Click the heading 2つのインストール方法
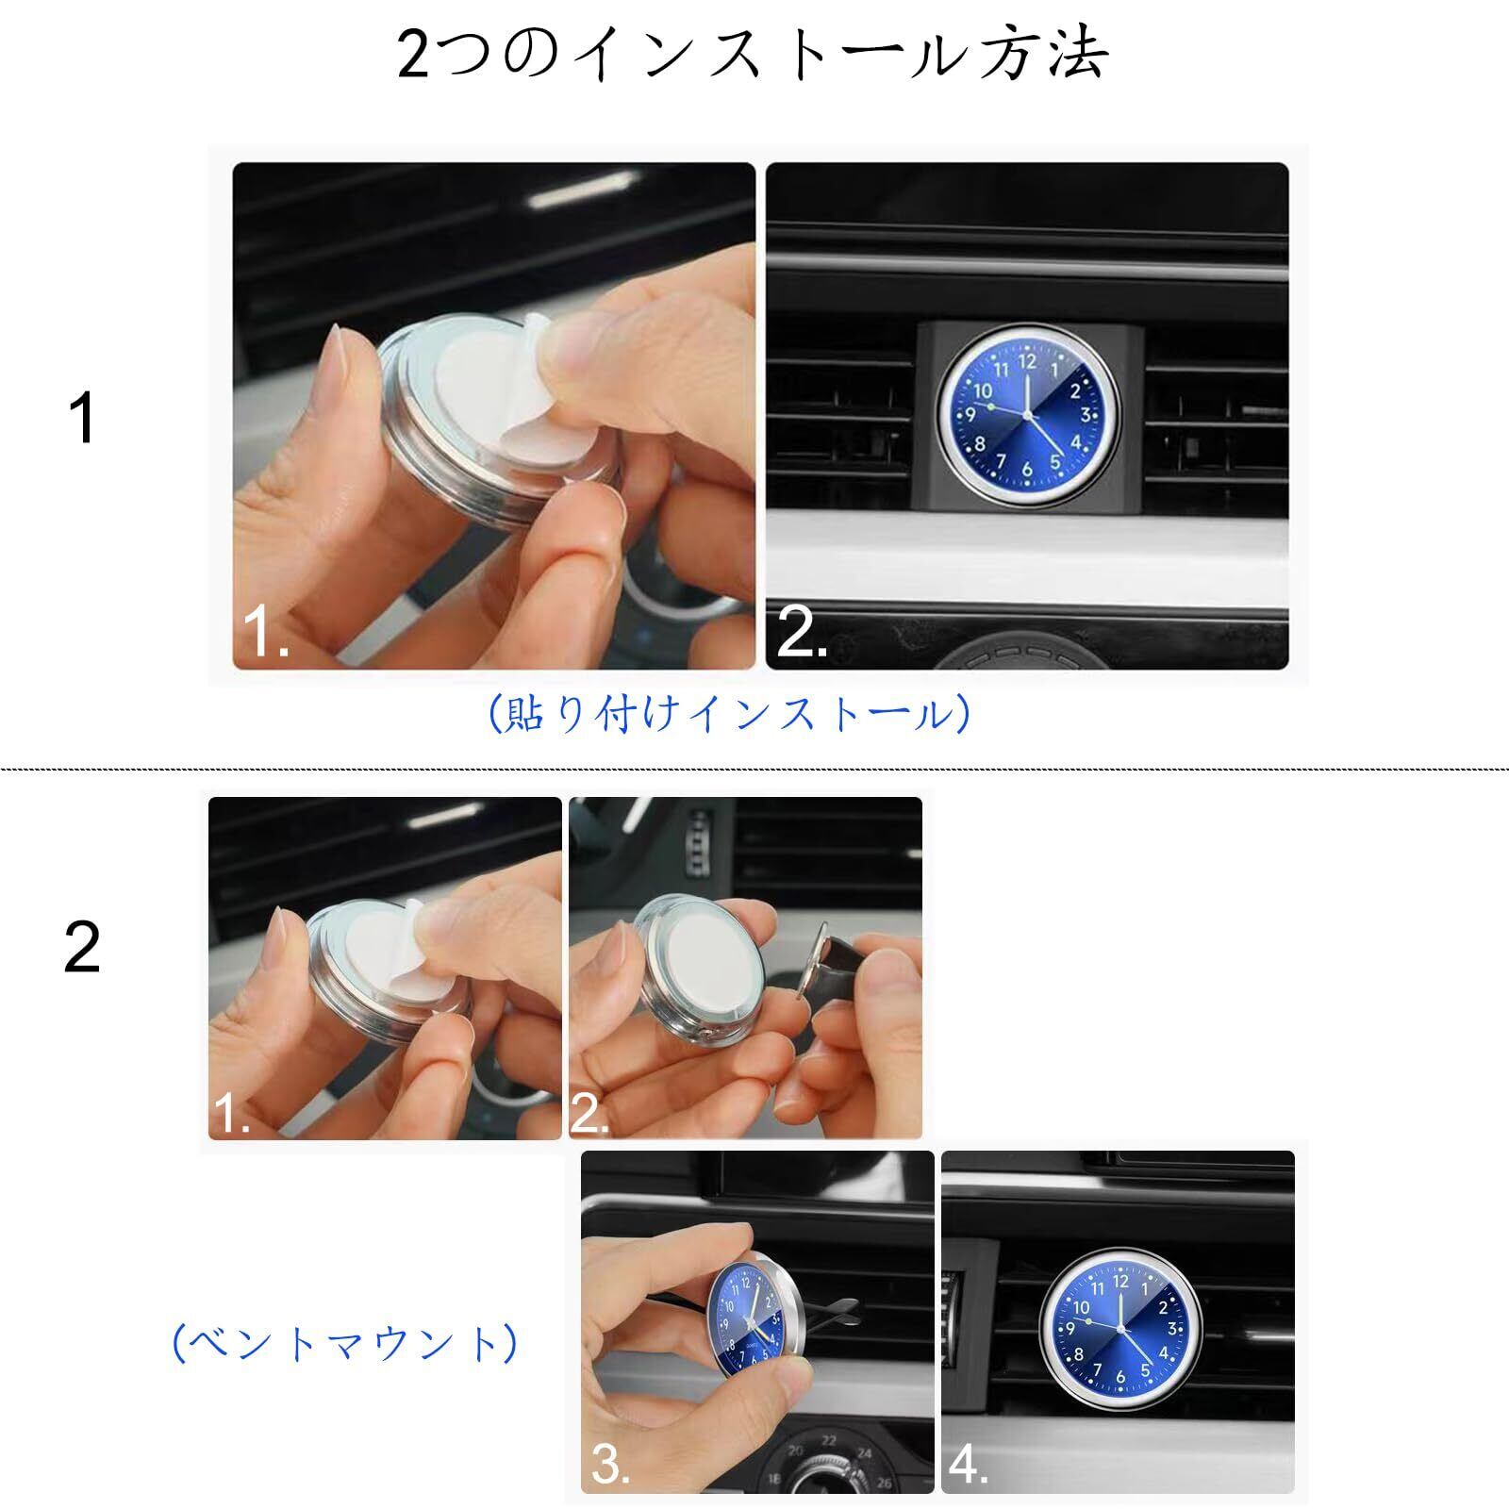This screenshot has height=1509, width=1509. pyautogui.click(x=753, y=54)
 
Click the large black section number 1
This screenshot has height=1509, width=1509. pyautogui.click(x=83, y=418)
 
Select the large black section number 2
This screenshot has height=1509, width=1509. pyautogui.click(x=82, y=947)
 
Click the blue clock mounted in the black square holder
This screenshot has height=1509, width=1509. pyautogui.click(x=1027, y=416)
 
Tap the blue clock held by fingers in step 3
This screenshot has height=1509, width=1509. pyautogui.click(x=752, y=1320)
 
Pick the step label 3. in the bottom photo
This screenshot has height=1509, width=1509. pyautogui.click(x=610, y=1464)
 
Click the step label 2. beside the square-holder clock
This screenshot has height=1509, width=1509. pyautogui.click(x=801, y=633)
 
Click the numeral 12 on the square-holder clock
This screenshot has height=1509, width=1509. pyautogui.click(x=1027, y=360)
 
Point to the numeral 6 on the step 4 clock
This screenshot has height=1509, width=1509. pyautogui.click(x=1119, y=1376)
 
